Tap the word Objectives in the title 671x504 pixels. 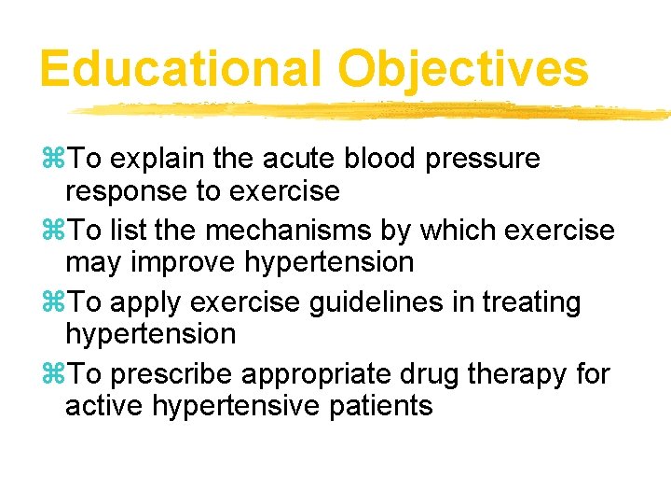pos(463,68)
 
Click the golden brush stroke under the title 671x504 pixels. pos(373,111)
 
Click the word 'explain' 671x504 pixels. pos(158,159)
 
